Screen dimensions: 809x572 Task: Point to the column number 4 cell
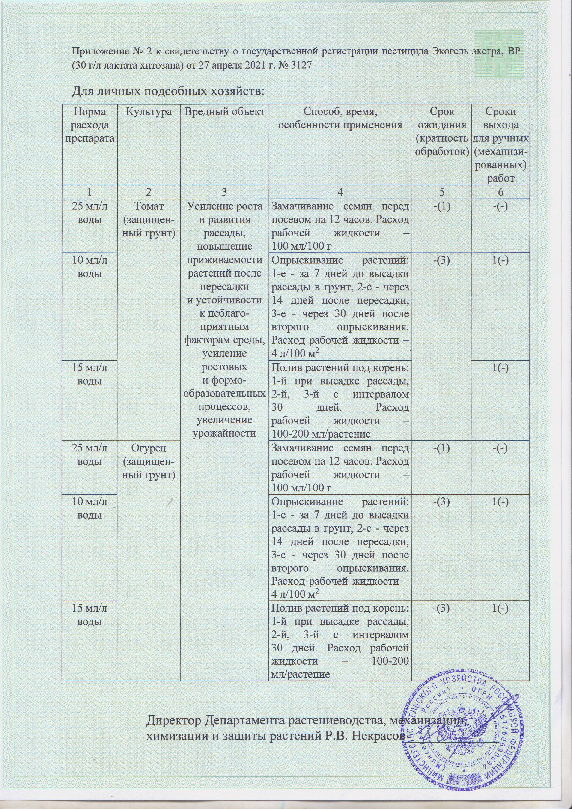tap(340, 192)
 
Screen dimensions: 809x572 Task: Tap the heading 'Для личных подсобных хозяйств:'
tap(168, 91)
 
